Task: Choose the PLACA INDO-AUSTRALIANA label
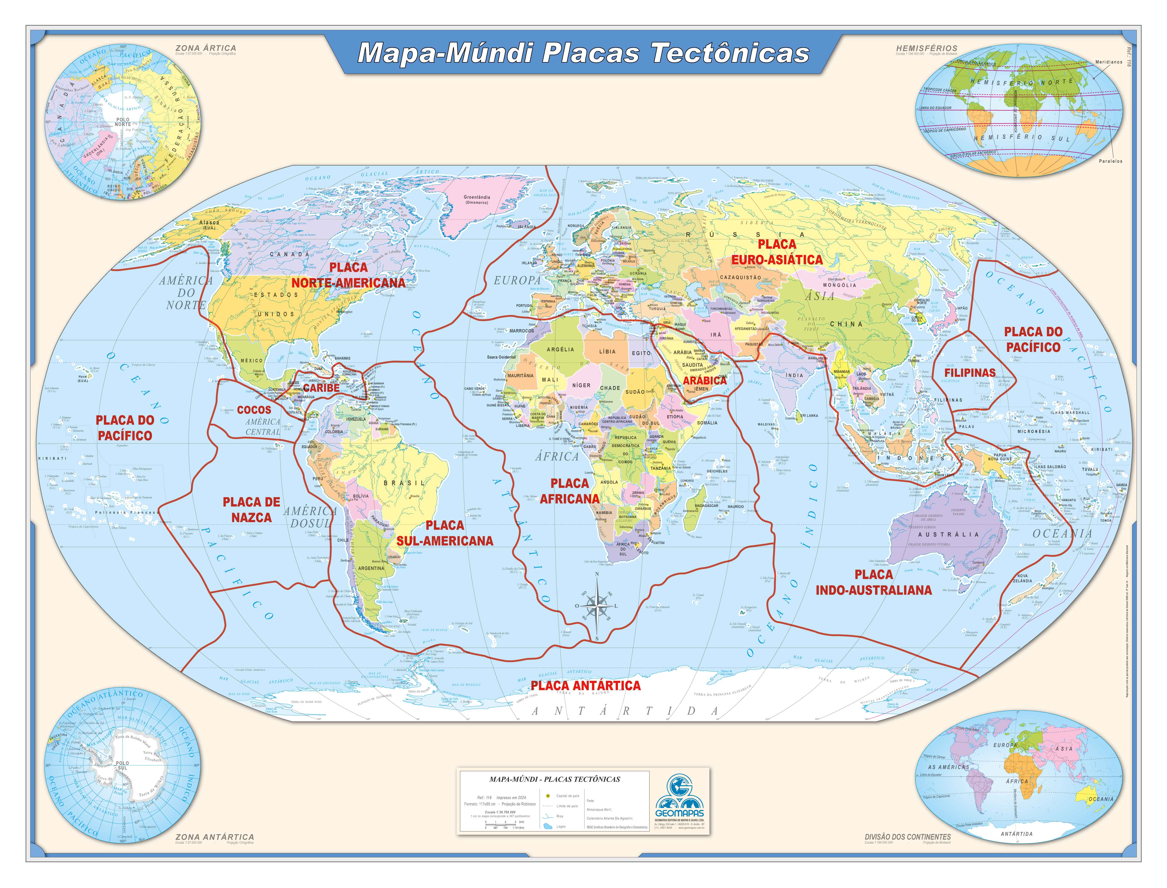pos(873,583)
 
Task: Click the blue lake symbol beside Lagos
pos(548,826)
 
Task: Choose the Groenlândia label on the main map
pos(476,197)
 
